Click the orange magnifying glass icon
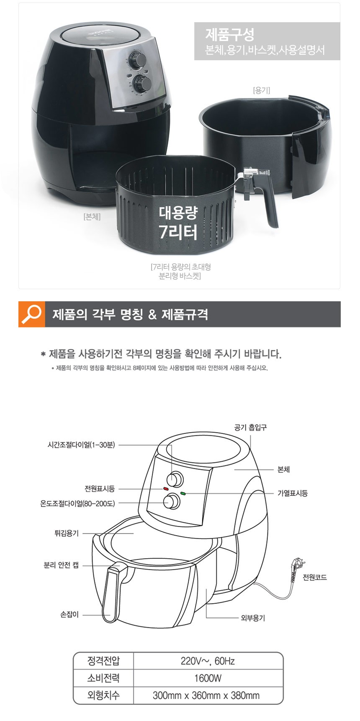click(x=31, y=314)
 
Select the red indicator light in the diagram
click(x=165, y=488)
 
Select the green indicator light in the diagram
click(x=183, y=493)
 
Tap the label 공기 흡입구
click(x=250, y=427)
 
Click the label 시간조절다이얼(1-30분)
click(x=81, y=445)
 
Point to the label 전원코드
click(x=315, y=577)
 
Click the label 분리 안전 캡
click(x=61, y=565)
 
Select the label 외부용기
click(x=253, y=618)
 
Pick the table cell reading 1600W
click(x=208, y=678)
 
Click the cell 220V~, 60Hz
click(x=208, y=661)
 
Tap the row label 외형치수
click(x=103, y=695)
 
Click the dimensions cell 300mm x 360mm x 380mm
click(x=206, y=695)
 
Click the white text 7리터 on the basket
click(x=178, y=231)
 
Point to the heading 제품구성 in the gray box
click(x=230, y=34)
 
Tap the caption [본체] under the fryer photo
click(x=92, y=217)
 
